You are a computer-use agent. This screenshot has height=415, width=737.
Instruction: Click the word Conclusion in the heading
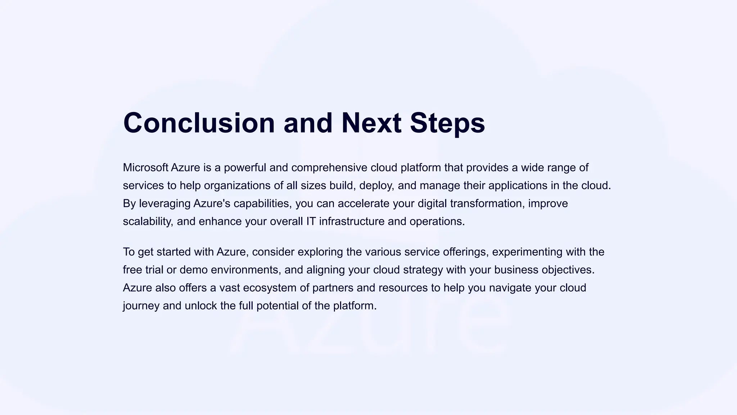tap(199, 123)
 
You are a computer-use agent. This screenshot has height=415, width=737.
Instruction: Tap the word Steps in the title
tap(447, 123)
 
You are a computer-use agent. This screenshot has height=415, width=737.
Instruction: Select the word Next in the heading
tap(371, 123)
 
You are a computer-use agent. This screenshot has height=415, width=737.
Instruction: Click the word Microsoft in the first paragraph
tap(145, 168)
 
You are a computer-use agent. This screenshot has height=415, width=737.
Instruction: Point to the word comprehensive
tap(329, 168)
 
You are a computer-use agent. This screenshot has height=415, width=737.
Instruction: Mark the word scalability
tap(148, 221)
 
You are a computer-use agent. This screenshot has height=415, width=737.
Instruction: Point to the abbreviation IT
tap(311, 221)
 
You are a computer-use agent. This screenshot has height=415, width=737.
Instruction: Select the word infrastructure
tap(352, 221)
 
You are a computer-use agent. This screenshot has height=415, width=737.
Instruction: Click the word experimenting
tap(527, 252)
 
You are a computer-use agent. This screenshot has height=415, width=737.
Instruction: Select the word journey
tap(141, 306)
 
